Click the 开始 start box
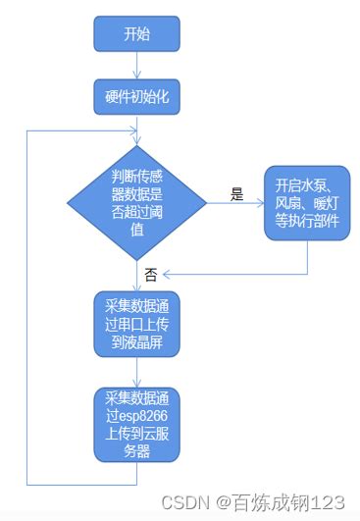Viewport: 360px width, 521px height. pos(137,34)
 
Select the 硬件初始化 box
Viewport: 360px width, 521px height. pos(137,96)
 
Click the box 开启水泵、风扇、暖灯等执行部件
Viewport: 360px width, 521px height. pos(307,203)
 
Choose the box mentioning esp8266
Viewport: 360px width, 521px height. pos(137,425)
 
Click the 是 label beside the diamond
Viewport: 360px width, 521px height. pos(236,194)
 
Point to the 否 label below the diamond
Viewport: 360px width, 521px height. pos(150,275)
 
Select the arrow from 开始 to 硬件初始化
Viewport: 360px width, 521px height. pos(137,65)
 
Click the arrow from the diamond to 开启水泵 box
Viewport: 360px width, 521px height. pos(235,204)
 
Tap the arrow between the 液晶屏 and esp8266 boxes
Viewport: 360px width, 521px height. pos(137,372)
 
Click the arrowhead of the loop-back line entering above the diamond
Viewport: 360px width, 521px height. pos(133,130)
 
